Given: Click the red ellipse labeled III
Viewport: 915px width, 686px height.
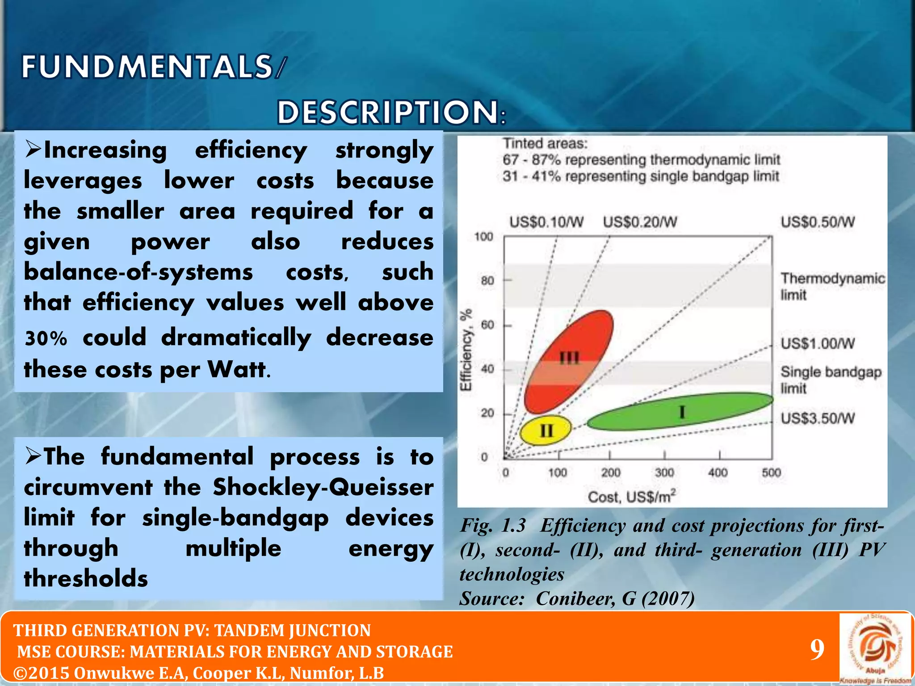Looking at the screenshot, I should click(568, 362).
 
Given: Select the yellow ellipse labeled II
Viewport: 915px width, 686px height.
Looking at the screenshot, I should click(546, 430).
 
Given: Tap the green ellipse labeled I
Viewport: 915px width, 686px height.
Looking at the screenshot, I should click(680, 411).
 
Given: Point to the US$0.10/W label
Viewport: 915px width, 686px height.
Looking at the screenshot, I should click(546, 222).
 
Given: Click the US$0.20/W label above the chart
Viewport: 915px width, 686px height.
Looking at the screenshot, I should click(640, 222).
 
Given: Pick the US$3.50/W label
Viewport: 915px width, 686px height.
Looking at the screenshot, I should click(817, 418).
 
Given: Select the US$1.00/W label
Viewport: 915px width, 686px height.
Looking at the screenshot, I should click(817, 343).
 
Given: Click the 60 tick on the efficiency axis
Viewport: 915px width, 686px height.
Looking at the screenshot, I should click(487, 325).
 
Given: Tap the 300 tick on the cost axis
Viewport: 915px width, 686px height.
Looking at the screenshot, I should click(664, 473).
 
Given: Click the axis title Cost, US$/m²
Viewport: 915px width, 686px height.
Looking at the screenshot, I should click(631, 497).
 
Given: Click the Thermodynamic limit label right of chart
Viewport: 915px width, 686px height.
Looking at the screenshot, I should click(832, 286).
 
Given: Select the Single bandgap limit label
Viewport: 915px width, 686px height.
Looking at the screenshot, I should click(830, 380).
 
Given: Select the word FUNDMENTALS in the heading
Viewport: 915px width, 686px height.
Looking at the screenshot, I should click(147, 67).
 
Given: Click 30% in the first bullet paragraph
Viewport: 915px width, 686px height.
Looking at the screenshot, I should click(46, 339).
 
